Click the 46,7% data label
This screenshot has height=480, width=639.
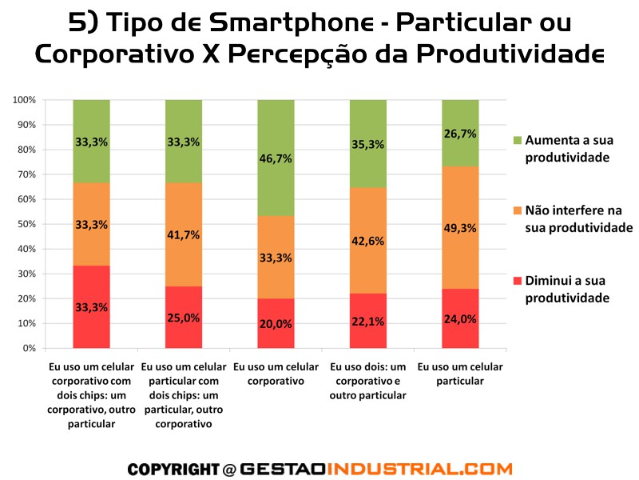[276, 158]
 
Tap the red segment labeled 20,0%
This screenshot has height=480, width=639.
[276, 323]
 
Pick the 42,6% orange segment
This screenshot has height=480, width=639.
[367, 240]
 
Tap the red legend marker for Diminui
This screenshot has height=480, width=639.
[517, 282]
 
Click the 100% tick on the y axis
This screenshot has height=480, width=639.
[24, 100]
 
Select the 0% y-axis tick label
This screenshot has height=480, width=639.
[29, 349]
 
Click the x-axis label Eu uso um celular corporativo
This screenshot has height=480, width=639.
[276, 374]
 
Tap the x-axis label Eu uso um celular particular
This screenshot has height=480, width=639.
[460, 374]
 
